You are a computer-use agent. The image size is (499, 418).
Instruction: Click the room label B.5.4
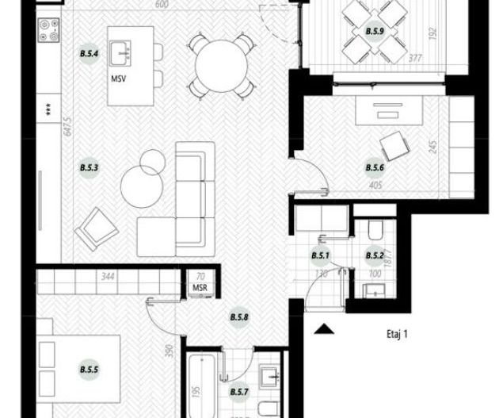coord(89,54)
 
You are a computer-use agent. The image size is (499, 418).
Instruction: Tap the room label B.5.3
coord(88,167)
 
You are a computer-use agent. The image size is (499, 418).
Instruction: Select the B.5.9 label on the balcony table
coord(375,32)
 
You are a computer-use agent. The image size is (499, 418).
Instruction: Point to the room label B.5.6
coord(375,167)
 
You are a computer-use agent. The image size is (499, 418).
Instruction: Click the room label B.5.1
coord(319,255)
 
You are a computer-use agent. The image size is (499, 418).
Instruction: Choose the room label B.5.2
coord(374,255)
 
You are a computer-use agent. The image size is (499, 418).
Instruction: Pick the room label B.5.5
coord(89,369)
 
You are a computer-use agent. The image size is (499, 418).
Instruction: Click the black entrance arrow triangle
coord(323,328)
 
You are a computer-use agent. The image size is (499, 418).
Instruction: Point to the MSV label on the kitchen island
coord(120,80)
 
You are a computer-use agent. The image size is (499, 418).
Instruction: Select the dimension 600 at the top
coord(163,5)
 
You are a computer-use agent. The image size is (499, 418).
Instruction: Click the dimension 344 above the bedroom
coord(107,278)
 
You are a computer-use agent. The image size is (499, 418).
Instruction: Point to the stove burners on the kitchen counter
coord(48,31)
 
